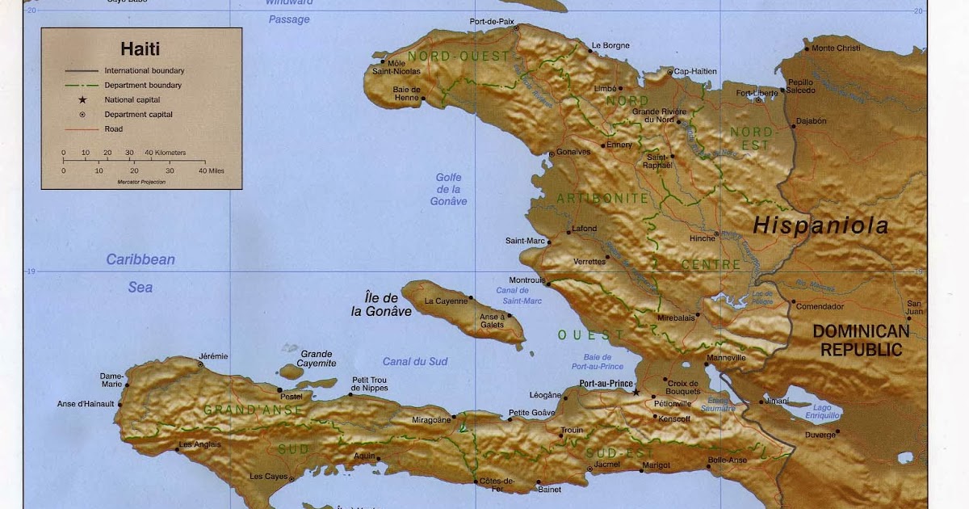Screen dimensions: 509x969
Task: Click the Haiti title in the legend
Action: tap(140, 49)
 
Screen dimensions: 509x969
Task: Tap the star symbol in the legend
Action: tap(82, 100)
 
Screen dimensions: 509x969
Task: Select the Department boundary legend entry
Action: tap(143, 85)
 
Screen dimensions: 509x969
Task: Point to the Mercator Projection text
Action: tap(141, 183)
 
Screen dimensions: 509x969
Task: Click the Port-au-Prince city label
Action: tap(601, 384)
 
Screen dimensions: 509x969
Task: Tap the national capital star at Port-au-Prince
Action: tap(636, 392)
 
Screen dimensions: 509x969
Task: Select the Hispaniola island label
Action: tap(820, 226)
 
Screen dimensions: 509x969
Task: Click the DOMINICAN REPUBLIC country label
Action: tap(861, 340)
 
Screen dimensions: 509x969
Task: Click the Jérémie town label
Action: tap(214, 356)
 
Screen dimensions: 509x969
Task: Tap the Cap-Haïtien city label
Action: tap(695, 71)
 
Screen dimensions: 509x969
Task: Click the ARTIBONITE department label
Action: tap(602, 198)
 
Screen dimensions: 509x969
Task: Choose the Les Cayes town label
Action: tap(268, 477)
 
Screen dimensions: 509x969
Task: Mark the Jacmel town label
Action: tap(606, 465)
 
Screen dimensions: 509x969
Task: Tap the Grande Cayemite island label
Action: tap(317, 359)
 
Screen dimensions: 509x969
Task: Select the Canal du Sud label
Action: tap(415, 361)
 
